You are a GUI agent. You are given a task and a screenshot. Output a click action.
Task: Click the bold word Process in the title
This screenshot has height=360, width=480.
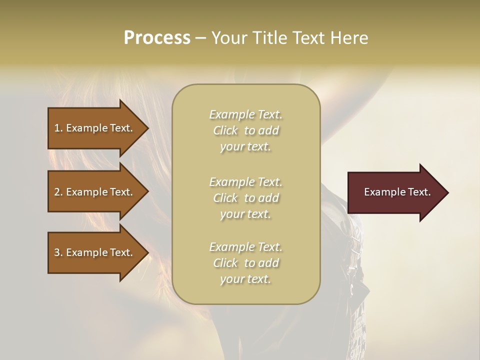coord(157,38)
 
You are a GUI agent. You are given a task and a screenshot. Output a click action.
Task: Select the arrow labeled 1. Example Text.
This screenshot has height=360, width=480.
coord(95,128)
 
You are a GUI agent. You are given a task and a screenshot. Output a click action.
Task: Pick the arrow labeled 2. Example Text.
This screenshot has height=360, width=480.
coord(95,192)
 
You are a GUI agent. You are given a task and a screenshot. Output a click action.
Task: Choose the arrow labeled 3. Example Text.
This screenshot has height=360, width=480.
coord(95,252)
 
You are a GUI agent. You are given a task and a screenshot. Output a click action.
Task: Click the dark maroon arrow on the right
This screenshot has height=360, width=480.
coord(395,192)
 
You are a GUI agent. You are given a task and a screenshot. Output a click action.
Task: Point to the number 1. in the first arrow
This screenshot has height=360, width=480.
coord(58,128)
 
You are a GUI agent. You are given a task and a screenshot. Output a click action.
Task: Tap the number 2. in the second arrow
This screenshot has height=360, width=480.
coord(58,192)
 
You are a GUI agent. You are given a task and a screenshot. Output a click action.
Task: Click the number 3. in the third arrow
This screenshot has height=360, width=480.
coord(58,252)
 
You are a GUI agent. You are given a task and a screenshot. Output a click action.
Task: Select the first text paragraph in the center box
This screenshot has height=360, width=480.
coord(245,130)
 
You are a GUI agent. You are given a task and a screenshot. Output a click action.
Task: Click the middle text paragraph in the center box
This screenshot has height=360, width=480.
coord(245,198)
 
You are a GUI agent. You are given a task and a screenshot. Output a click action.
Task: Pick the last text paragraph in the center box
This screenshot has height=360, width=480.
coord(245,263)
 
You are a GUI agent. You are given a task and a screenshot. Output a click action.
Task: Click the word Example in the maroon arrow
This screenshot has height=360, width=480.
coord(381,192)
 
